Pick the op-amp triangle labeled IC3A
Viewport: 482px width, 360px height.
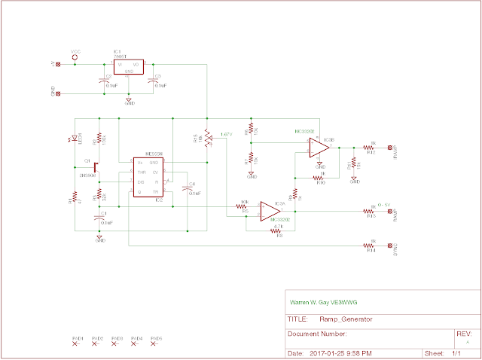point(267,211)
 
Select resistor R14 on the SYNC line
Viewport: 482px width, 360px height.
point(371,246)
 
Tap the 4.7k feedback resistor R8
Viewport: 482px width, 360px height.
point(278,231)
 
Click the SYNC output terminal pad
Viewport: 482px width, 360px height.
point(389,246)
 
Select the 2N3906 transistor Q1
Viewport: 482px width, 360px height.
point(95,165)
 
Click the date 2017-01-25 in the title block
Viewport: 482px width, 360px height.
point(330,352)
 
